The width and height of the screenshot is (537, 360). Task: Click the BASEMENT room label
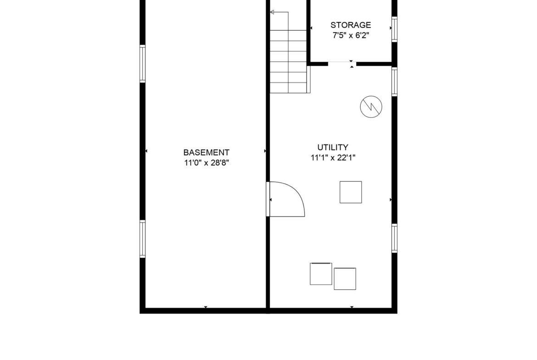click(206, 152)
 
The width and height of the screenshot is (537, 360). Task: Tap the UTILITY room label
click(333, 147)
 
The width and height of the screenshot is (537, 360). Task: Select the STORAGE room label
click(350, 25)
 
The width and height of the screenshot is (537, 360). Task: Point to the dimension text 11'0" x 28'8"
click(206, 163)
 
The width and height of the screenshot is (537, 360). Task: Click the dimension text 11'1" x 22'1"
click(333, 158)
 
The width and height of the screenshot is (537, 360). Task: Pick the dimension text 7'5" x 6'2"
click(350, 35)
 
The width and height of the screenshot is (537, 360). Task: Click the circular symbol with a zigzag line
click(371, 107)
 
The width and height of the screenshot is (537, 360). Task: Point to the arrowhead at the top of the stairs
click(272, 12)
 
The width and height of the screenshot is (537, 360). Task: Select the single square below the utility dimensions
click(350, 192)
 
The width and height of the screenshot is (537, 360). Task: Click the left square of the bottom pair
click(321, 274)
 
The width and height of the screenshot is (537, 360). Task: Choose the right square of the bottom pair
click(345, 278)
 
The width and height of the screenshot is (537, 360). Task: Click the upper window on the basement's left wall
click(142, 64)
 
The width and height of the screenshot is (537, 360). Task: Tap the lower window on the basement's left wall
click(142, 239)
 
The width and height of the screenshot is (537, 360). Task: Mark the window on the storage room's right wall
click(395, 29)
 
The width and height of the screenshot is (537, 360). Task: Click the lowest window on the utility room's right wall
click(395, 238)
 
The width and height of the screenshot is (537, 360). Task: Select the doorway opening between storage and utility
click(342, 64)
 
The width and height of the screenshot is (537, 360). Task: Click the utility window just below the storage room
click(395, 82)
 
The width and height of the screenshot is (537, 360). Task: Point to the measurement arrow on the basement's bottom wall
click(206, 307)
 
